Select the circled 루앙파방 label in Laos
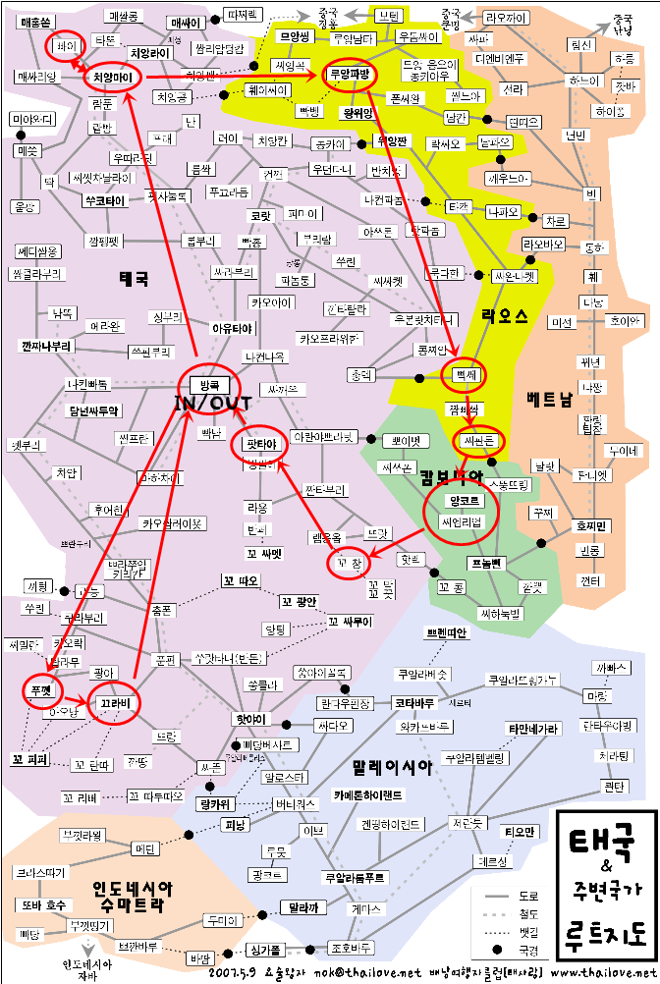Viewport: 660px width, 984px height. click(348, 73)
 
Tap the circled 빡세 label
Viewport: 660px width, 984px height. click(464, 375)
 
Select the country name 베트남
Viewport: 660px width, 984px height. click(549, 400)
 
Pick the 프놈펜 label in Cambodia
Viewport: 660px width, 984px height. click(484, 563)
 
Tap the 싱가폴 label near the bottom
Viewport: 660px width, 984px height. click(265, 950)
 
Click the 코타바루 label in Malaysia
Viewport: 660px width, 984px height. click(414, 703)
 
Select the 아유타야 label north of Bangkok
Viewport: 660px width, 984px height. click(233, 328)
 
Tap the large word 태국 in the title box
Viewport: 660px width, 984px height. click(603, 843)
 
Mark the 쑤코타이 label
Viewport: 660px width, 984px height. click(104, 199)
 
